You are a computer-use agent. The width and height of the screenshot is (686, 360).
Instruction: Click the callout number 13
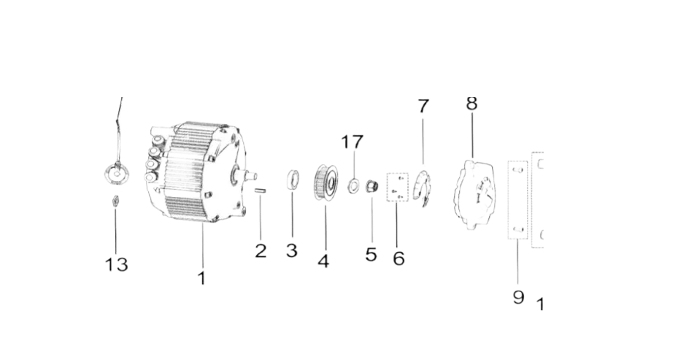[x=116, y=264]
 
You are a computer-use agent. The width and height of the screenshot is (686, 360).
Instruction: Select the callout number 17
[x=352, y=142]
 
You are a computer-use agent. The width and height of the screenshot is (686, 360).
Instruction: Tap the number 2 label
[x=261, y=251]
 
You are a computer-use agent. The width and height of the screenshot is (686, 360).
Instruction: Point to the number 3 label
[x=292, y=250]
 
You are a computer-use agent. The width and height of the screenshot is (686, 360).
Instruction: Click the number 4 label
[x=323, y=261]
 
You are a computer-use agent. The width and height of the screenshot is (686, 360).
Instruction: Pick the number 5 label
[x=371, y=254]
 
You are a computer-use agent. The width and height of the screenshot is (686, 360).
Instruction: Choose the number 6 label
[x=398, y=258]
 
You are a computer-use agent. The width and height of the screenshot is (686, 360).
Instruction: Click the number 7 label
[x=423, y=106]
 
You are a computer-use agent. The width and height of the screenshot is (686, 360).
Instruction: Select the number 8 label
[x=471, y=104]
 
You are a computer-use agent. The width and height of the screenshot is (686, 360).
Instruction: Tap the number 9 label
[x=518, y=297]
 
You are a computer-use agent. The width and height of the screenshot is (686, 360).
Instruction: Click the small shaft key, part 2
[x=261, y=190]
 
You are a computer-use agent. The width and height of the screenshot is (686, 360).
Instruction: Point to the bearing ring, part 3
[x=293, y=180]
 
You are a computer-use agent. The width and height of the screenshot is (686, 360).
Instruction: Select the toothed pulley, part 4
[x=325, y=182]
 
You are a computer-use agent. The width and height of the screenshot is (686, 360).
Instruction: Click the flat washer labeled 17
[x=353, y=185]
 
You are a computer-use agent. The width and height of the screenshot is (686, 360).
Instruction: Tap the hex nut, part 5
[x=372, y=186]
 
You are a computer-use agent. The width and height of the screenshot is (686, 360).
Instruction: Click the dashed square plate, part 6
[x=397, y=187]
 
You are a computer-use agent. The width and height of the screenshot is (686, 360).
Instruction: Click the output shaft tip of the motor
[x=254, y=176]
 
